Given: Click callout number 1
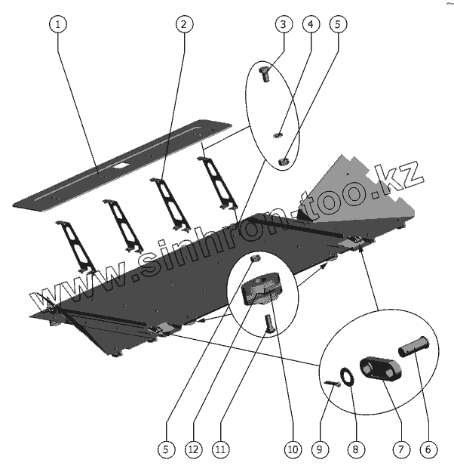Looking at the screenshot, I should click(x=59, y=23).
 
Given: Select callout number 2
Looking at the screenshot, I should click(x=183, y=23).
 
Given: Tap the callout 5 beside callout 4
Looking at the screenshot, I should click(x=337, y=23).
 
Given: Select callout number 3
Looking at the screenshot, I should click(x=283, y=23).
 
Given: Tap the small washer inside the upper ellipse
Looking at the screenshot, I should click(x=277, y=135).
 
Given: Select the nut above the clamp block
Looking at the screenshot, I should click(x=255, y=260).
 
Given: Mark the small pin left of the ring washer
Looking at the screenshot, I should click(x=332, y=383).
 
